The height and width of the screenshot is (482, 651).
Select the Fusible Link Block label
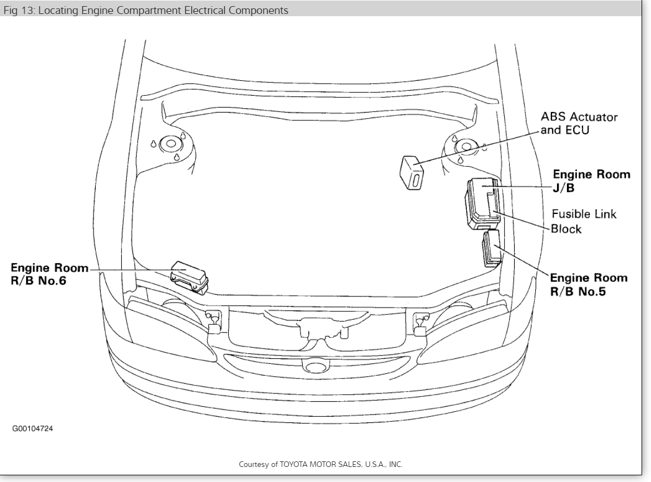pyautogui.click(x=583, y=221)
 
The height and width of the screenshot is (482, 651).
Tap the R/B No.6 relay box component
pyautogui.click(x=189, y=275)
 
